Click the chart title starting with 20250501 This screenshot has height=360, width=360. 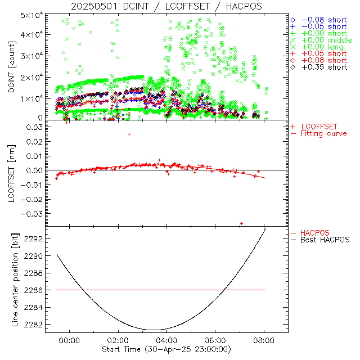(166, 6)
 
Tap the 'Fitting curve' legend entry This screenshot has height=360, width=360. (323, 134)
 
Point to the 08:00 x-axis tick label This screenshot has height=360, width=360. (264, 340)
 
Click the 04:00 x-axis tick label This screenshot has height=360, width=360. (166, 340)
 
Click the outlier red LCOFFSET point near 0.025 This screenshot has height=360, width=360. (129, 134)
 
